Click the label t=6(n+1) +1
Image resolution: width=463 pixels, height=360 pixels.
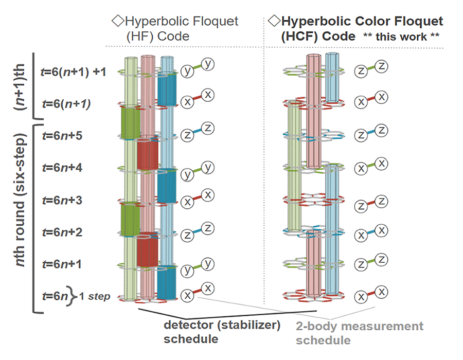tap(73, 72)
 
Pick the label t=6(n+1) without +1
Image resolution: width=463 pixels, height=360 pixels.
tap(65, 104)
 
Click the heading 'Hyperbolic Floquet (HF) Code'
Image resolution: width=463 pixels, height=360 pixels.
tap(175, 29)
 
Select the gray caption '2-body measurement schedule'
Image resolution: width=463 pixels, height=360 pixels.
tap(360, 333)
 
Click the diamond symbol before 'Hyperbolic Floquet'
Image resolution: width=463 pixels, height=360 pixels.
tap(115, 22)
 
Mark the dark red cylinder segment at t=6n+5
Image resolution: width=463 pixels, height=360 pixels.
tap(148, 151)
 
